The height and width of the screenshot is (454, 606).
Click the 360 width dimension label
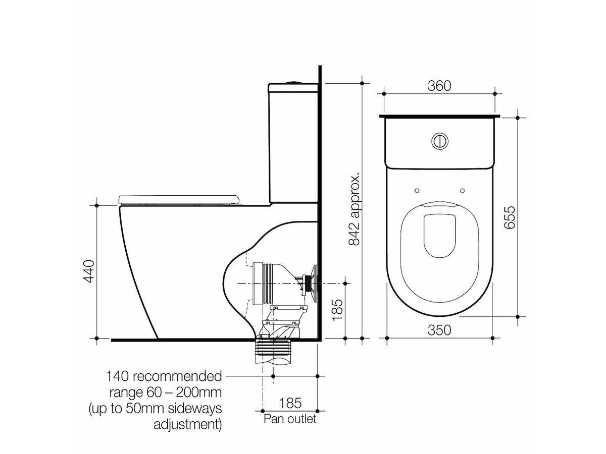tap(439, 86)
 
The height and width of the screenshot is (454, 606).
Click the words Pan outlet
tap(290, 419)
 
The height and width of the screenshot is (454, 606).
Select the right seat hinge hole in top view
tap(463, 190)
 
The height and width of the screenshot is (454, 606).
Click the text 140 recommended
tap(163, 376)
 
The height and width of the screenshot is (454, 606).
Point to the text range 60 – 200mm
tap(166, 392)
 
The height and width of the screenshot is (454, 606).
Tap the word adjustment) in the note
tap(187, 424)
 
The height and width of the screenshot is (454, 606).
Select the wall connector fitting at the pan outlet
tap(309, 280)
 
